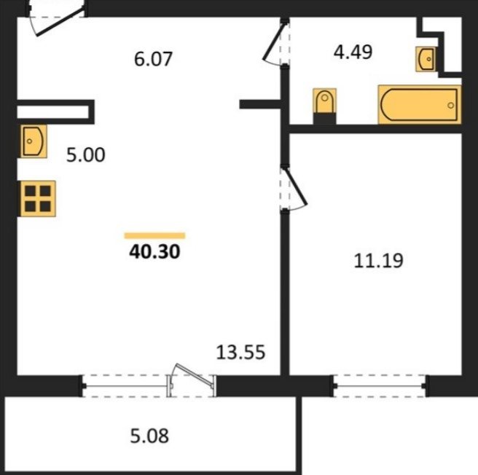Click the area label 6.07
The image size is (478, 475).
point(153,59)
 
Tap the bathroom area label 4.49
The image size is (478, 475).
point(353,52)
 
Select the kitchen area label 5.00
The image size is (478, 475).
point(86,154)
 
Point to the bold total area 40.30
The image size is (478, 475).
point(154,252)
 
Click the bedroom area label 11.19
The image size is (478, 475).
point(378,261)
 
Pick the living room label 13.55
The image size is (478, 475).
point(240,352)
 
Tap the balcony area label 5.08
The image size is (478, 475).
point(149,436)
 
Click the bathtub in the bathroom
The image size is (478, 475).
point(420,105)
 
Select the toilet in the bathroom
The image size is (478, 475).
point(325,106)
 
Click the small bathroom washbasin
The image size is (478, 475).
point(426,59)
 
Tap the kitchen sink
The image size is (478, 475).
point(34,141)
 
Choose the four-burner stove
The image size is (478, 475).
point(38,199)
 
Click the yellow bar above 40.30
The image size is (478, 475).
point(154,235)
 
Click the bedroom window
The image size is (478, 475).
point(380,386)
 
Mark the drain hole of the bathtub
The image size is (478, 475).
point(450,106)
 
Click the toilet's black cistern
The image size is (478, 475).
point(325,118)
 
